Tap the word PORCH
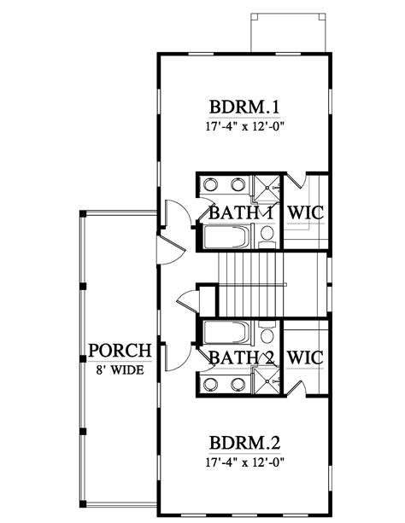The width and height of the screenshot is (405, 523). coord(120,350)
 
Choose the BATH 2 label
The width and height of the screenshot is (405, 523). coord(240,357)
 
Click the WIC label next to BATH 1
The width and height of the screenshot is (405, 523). coord(304,213)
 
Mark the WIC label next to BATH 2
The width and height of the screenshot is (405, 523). coord(304,357)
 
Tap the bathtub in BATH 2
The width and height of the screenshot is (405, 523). coord(226,331)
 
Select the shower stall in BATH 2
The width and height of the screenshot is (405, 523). coord(267,382)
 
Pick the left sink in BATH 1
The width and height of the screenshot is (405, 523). coord(213,186)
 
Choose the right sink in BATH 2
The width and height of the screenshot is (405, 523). coord(234,382)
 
